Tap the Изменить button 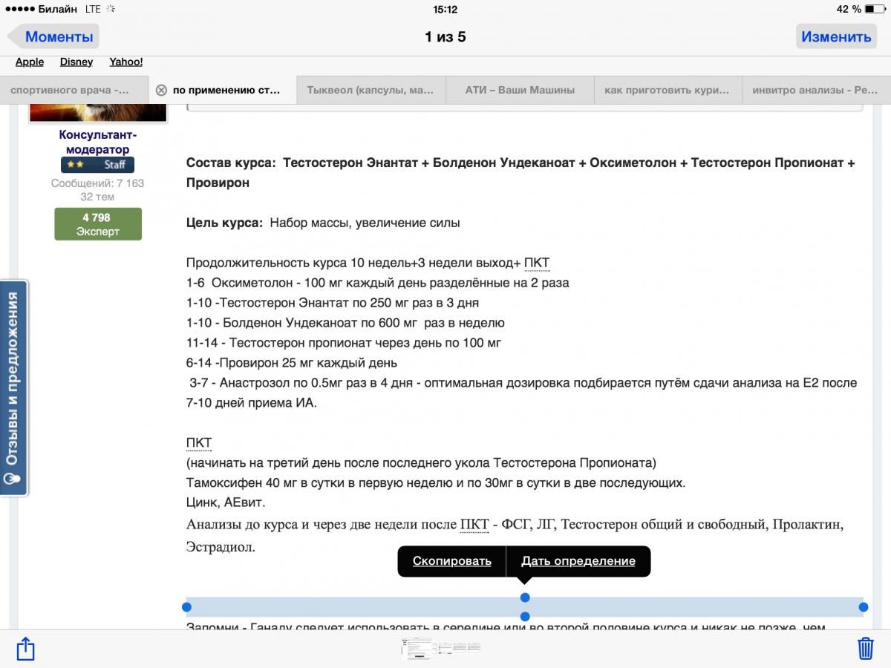[x=836, y=36]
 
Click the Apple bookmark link [x=30, y=62]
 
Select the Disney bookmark [x=76, y=62]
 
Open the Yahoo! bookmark [x=126, y=62]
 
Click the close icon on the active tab [x=161, y=90]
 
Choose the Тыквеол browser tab [x=371, y=90]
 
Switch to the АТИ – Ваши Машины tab [x=520, y=90]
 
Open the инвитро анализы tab [x=815, y=90]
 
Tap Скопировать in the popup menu [x=451, y=561]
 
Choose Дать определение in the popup [x=578, y=561]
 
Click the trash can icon [x=866, y=648]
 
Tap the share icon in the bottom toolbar [x=25, y=648]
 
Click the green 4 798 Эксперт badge [x=97, y=224]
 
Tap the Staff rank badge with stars [x=97, y=165]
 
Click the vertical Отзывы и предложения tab [x=13, y=387]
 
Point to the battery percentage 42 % [x=849, y=10]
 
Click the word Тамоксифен [x=221, y=482]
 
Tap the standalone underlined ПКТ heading [x=199, y=443]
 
